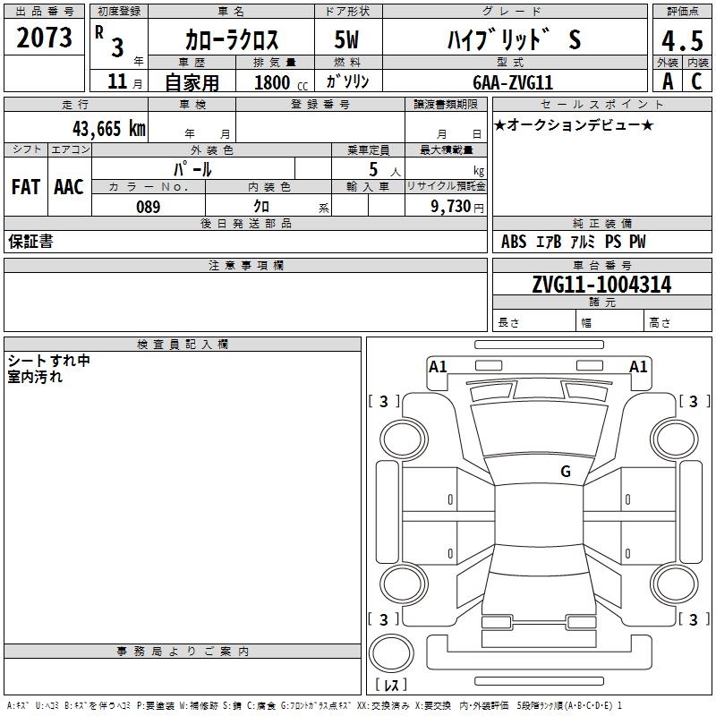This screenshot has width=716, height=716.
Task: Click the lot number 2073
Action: (45, 38)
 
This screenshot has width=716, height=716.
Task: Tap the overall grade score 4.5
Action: (681, 40)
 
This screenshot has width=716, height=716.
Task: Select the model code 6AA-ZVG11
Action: (513, 82)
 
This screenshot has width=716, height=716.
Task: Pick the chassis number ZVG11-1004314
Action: (601, 286)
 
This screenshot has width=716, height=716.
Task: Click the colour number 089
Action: (148, 207)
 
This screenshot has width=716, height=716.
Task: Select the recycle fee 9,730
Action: (456, 207)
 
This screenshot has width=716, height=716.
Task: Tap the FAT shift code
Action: (25, 187)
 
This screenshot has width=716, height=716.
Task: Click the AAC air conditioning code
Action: (69, 187)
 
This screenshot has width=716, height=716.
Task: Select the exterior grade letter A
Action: (667, 81)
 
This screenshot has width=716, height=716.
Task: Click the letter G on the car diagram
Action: (566, 472)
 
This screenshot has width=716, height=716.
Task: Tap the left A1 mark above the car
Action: (438, 366)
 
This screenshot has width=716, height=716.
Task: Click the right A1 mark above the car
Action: (638, 366)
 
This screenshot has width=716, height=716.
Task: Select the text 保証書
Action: (30, 242)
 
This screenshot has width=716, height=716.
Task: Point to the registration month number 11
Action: (116, 82)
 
